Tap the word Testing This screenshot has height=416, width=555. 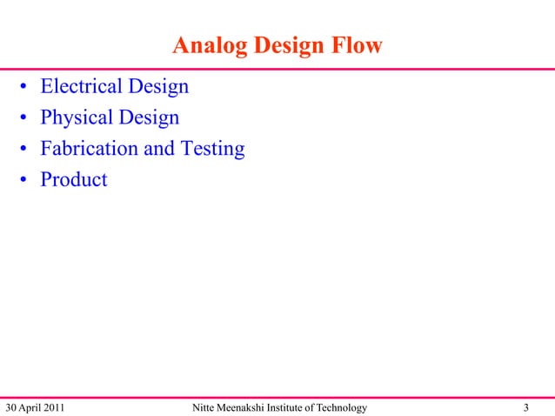(x=211, y=149)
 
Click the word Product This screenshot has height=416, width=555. (x=74, y=180)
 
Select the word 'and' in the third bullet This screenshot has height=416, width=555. (x=158, y=149)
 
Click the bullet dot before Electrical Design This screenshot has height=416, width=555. (x=27, y=88)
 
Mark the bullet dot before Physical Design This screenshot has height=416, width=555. (x=27, y=119)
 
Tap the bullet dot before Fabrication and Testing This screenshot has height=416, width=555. (x=27, y=151)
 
